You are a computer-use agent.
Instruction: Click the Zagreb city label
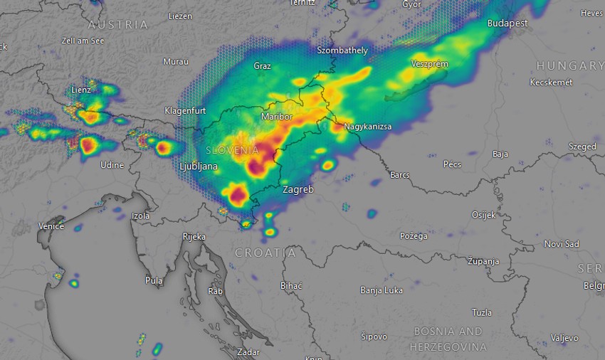[298, 190]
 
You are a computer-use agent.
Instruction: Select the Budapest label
[507, 23]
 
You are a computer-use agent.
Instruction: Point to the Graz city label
[262, 66]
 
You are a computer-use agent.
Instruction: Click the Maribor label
[277, 116]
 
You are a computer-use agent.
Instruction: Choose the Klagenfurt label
[185, 111]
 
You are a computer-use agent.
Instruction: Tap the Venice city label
[51, 226]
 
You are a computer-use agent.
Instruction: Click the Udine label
[112, 165]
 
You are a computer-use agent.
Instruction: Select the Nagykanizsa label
[367, 127]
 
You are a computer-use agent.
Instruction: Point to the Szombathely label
[342, 51]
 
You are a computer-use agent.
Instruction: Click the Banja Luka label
[382, 290]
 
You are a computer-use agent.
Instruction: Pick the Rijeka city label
[194, 236]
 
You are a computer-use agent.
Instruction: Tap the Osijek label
[484, 215]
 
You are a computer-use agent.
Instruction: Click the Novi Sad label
[562, 244]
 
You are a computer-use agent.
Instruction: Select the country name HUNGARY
[570, 65]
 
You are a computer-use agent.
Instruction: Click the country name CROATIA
[265, 253]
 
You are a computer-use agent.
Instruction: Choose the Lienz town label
[81, 90]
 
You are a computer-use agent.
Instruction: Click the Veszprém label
[429, 64]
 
